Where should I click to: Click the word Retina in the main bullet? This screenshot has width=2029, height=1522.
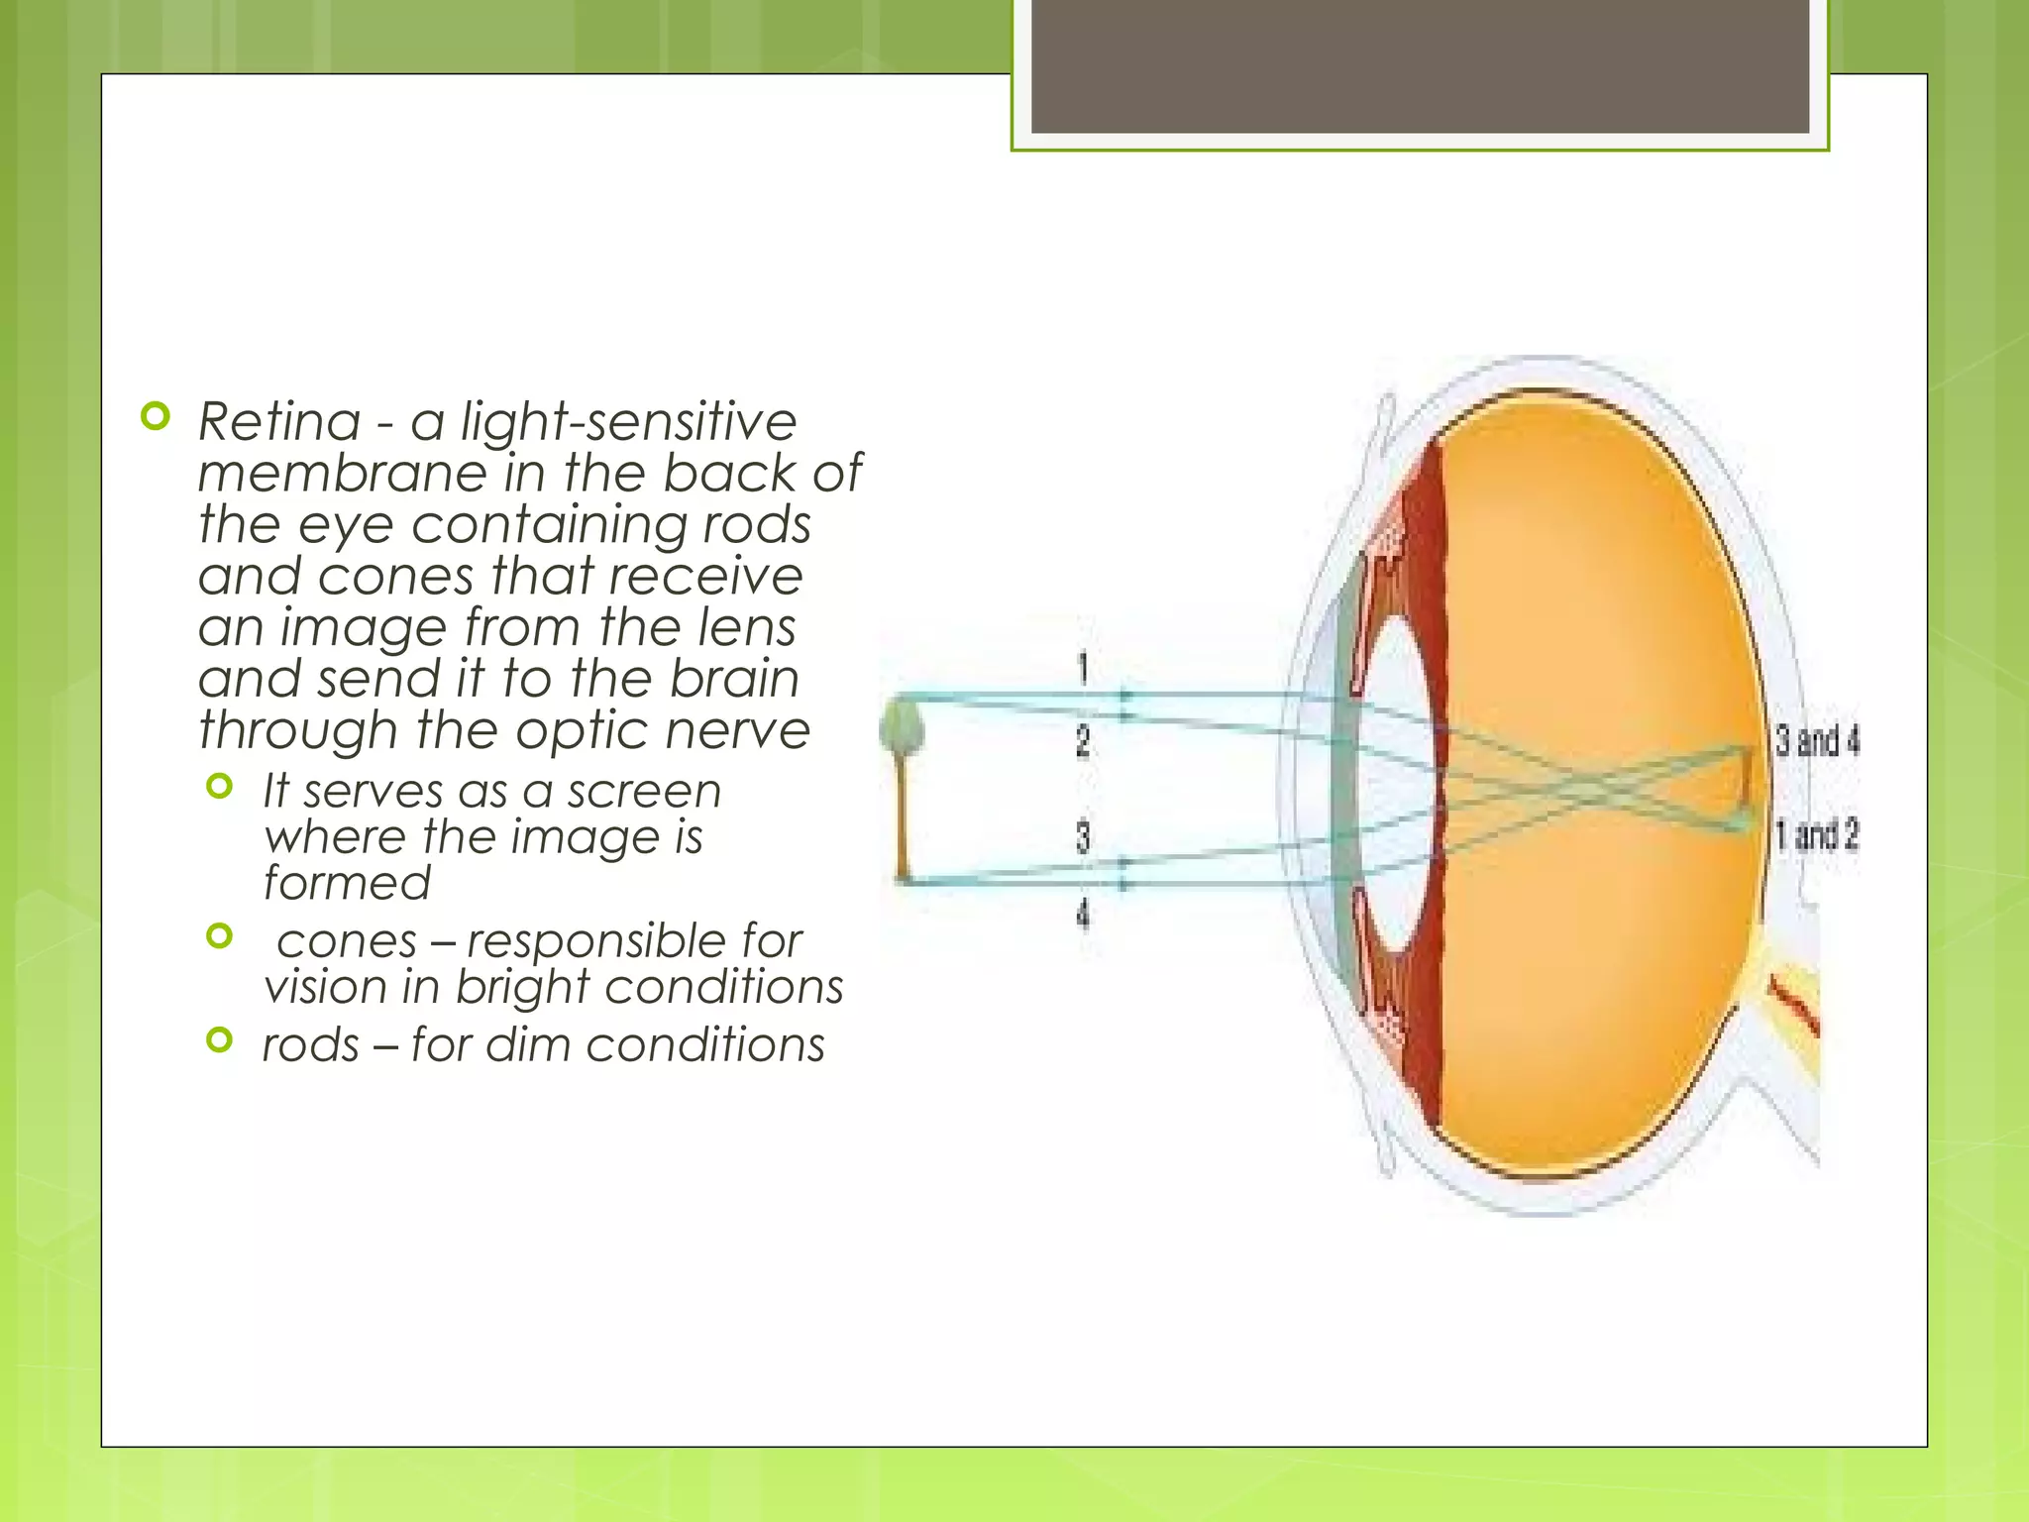pyautogui.click(x=279, y=422)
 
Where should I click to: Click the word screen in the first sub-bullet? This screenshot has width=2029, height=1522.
pyautogui.click(x=644, y=792)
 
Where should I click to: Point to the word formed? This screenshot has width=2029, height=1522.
pyautogui.click(x=347, y=883)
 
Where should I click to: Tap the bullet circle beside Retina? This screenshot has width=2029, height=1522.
pyautogui.click(x=156, y=416)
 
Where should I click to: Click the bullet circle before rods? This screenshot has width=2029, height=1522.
pyautogui.click(x=220, y=1039)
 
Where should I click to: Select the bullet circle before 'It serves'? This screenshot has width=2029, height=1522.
pyautogui.click(x=220, y=787)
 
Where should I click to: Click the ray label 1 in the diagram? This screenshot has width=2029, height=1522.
pyautogui.click(x=1083, y=669)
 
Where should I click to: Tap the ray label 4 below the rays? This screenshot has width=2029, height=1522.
pyautogui.click(x=1083, y=913)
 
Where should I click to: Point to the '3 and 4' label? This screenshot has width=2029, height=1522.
pyautogui.click(x=1816, y=740)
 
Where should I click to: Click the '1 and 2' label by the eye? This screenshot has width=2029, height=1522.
pyautogui.click(x=1816, y=835)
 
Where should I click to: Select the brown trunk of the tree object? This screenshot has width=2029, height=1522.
pyautogui.click(x=903, y=822)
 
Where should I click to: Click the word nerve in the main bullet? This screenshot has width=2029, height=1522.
pyautogui.click(x=737, y=731)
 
